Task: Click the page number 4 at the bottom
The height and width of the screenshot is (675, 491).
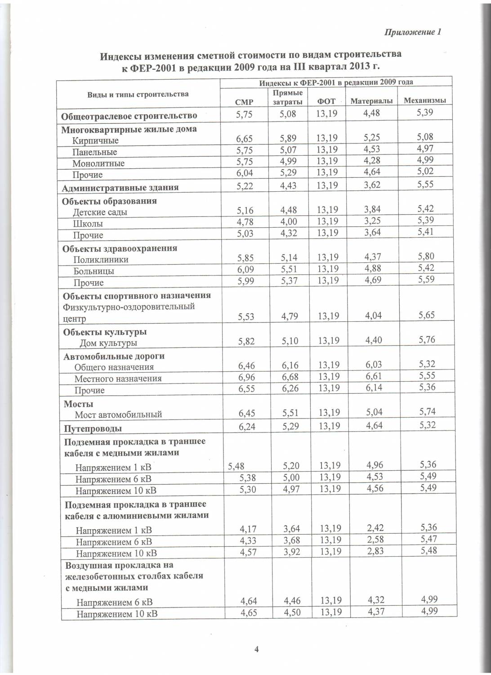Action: [x=256, y=648]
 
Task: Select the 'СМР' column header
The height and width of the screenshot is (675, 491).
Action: [x=244, y=102]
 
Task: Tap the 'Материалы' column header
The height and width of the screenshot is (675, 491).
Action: [x=371, y=101]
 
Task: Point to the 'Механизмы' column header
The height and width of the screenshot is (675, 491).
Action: [x=424, y=100]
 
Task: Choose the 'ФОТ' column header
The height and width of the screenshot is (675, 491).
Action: [x=326, y=101]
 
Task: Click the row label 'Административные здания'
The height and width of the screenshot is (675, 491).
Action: [x=120, y=188]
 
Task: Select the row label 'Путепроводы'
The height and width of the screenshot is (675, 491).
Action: [x=93, y=428]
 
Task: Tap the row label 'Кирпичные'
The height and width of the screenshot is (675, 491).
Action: [x=95, y=140]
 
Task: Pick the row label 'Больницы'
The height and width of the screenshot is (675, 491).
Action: [x=94, y=271]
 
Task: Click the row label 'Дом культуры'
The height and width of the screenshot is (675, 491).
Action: [x=108, y=343]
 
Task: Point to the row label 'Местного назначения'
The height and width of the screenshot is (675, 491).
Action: [x=118, y=378]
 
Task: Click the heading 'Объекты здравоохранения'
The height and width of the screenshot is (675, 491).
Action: [x=120, y=248]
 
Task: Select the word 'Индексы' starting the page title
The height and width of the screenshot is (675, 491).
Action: [x=120, y=56]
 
